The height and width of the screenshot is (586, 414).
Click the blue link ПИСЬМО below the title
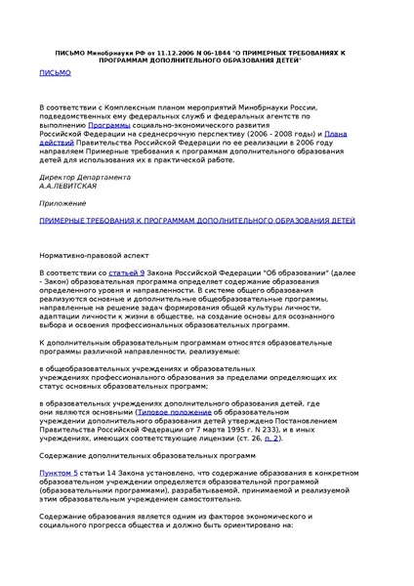(54, 72)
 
